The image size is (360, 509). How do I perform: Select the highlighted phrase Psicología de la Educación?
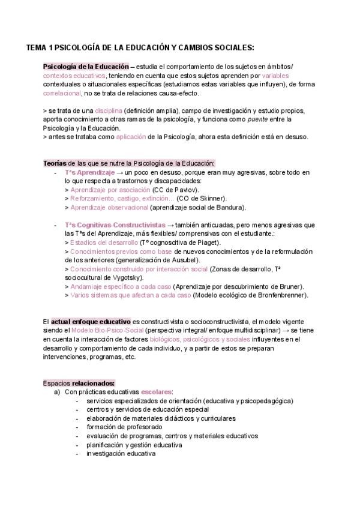[86, 67]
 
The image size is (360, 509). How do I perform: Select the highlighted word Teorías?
[56, 163]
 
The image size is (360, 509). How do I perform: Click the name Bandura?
[230, 207]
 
